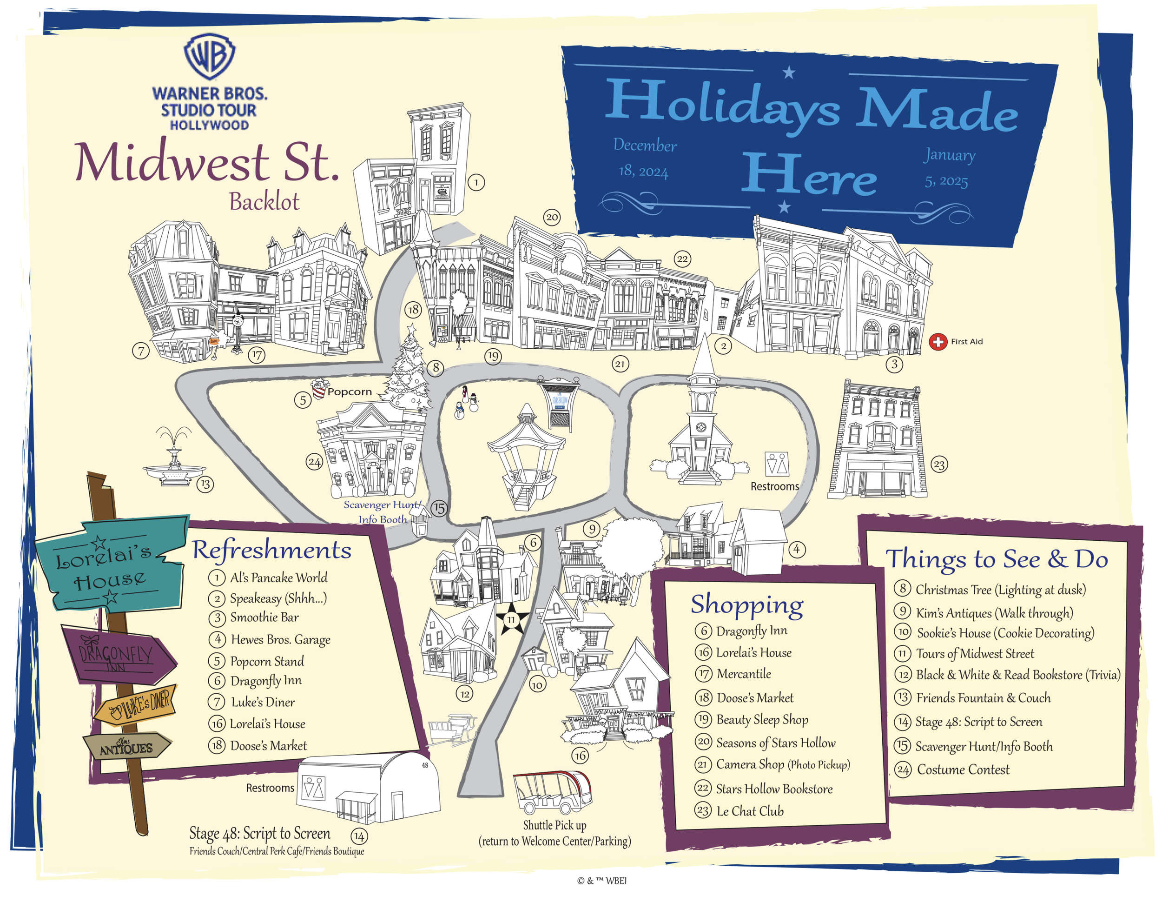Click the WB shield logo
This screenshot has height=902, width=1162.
(x=210, y=56)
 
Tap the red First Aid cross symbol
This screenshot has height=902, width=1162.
(x=938, y=342)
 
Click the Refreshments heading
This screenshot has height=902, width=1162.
(x=271, y=550)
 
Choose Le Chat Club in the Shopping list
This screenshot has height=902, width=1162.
(x=750, y=811)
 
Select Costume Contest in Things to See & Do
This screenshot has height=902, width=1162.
(x=963, y=769)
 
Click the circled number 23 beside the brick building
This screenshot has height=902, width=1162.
(x=939, y=464)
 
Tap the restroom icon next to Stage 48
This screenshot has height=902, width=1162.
(x=313, y=788)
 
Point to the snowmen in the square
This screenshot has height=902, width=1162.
(x=467, y=405)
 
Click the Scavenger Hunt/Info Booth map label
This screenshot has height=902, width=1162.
(x=382, y=512)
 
